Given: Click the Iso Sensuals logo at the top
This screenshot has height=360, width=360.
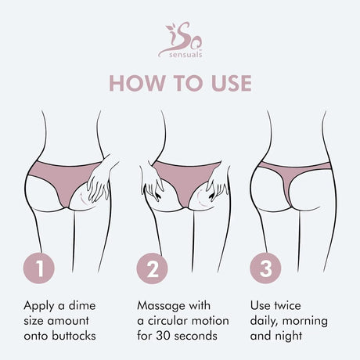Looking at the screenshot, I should (180, 39).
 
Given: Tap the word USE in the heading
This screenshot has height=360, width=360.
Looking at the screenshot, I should (229, 83).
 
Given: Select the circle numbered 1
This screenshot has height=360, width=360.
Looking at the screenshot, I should (41, 269).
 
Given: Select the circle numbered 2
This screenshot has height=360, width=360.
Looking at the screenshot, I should (154, 269).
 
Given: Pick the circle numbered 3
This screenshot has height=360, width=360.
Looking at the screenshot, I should (266, 269).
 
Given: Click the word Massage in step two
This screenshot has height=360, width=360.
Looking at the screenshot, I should (160, 304).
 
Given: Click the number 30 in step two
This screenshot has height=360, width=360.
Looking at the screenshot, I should (164, 335).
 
